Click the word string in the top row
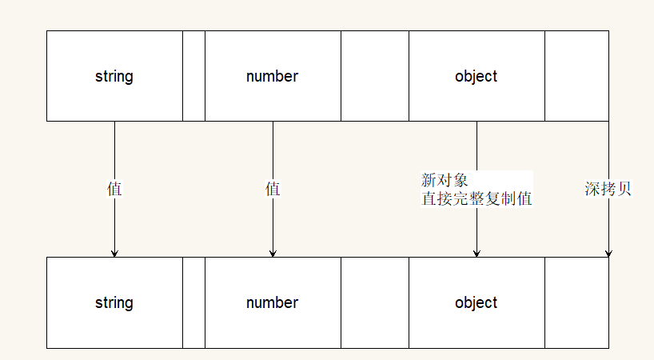114,77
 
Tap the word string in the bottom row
114,303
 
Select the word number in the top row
273,77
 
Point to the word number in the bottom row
273,303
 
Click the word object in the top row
477,77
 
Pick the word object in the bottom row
477,303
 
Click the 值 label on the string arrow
114,190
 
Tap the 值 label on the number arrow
273,190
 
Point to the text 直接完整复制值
477,198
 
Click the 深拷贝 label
608,190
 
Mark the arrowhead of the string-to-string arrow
114,253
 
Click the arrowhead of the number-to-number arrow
273,253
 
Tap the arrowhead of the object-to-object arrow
477,253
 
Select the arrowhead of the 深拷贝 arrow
608,253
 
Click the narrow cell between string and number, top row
193,76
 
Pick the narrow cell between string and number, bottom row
193,302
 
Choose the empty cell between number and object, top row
375,76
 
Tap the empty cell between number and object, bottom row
375,302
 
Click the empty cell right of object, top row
576,76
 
